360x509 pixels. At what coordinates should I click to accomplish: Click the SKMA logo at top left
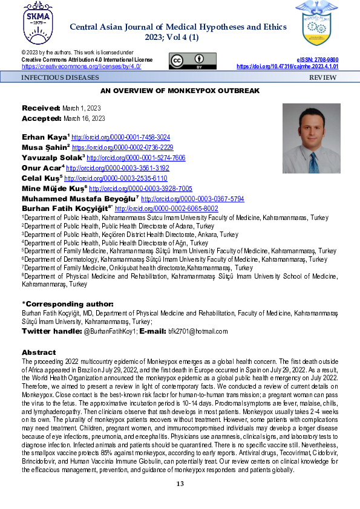[32, 24]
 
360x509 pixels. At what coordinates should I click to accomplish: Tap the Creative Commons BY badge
[192, 61]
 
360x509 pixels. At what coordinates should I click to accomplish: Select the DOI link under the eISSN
[287, 66]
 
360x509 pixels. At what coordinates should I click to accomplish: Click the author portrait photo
[312, 138]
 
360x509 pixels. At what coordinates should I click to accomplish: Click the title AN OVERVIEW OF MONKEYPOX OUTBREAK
[180, 91]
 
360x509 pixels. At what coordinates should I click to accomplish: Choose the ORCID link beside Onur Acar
[117, 168]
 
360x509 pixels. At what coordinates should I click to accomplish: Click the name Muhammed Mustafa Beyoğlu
[72, 198]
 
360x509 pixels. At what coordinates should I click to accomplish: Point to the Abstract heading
[39, 352]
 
